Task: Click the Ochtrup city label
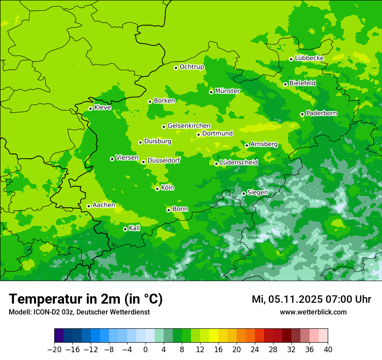[x=191, y=67]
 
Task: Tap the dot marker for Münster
[x=211, y=92]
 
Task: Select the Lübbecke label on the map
[x=309, y=58]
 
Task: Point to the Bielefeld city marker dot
[x=285, y=84]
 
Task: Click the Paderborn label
[x=321, y=113]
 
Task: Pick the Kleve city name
[x=102, y=108]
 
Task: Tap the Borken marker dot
[x=150, y=101]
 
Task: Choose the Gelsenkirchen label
[x=189, y=126]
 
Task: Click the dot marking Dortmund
[x=198, y=134]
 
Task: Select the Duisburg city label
[x=158, y=141]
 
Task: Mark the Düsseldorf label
[x=164, y=160]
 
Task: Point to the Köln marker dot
[x=157, y=189]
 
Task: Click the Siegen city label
[x=257, y=193]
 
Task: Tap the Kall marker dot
[x=125, y=229]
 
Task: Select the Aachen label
[x=104, y=205]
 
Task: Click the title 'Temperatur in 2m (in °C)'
[x=86, y=299]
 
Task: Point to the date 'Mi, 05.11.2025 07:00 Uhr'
[x=311, y=299]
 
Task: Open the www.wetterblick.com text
[x=313, y=312]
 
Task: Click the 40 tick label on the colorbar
[x=328, y=349]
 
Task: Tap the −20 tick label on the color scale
[x=54, y=349]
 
